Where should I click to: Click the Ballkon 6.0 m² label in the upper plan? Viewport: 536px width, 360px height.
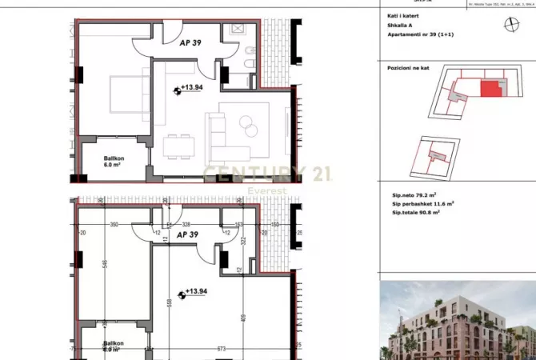[114, 161]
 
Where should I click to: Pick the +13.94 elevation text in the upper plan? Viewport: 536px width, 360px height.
[193, 87]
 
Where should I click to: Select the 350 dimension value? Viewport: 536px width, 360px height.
[114, 225]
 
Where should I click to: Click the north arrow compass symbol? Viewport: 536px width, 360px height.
[512, 23]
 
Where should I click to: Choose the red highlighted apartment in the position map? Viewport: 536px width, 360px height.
[489, 89]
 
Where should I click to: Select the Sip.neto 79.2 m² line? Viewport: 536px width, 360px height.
[418, 194]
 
